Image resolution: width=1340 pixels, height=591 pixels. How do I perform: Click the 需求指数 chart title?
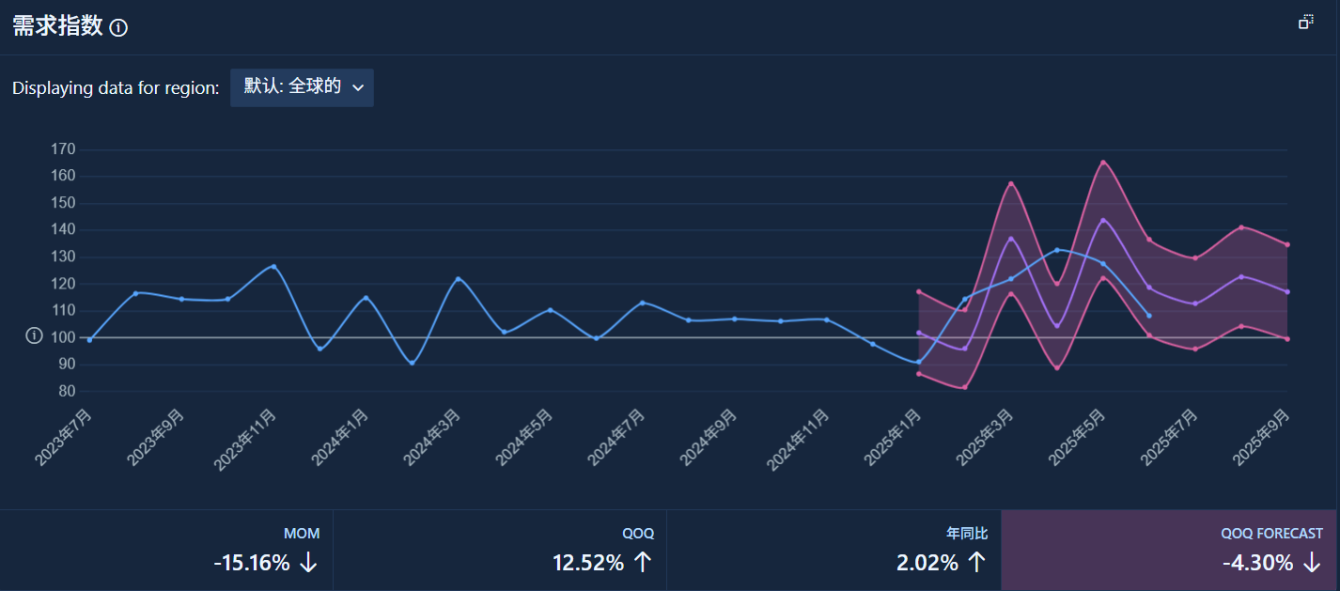click(57, 26)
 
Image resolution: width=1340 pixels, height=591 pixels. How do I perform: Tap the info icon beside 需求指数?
click(118, 28)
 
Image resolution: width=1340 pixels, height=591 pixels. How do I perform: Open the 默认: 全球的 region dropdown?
click(302, 87)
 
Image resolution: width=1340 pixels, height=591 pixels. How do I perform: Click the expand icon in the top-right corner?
click(1306, 22)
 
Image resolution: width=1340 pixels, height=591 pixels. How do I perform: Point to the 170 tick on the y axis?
click(63, 149)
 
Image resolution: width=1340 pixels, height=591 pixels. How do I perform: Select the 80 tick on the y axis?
click(67, 392)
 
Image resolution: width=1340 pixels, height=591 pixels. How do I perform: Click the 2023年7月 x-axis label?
click(65, 438)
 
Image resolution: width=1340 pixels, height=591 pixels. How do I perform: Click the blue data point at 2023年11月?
click(273, 267)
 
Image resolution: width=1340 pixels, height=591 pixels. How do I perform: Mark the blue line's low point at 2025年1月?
click(918, 362)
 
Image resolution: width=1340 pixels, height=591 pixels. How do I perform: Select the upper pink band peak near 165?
click(1103, 163)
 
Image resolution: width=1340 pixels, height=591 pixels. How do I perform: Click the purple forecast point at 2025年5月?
click(1103, 220)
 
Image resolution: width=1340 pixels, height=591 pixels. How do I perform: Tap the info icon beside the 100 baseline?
click(35, 336)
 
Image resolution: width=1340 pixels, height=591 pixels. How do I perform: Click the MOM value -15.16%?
click(252, 563)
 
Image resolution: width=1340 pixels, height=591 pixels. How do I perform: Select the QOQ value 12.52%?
click(587, 563)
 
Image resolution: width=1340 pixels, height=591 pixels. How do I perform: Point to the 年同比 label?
click(967, 534)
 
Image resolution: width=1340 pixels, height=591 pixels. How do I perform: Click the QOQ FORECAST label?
click(1271, 534)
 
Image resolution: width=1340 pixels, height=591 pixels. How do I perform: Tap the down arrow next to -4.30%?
click(1312, 563)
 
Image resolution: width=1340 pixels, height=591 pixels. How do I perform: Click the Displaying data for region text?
click(116, 88)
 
